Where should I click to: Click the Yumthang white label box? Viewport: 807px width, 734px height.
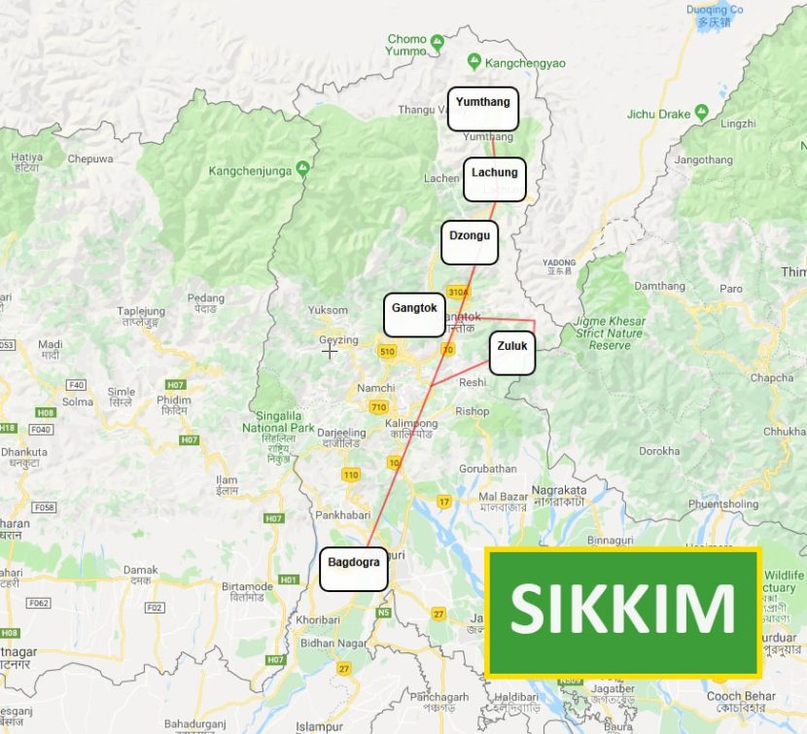coord(483,109)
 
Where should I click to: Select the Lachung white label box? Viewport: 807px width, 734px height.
coord(495,180)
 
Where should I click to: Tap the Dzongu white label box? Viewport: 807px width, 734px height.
coord(470,243)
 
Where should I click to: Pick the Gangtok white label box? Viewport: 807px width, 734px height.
coord(414,315)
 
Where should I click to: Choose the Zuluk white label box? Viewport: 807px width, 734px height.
coord(512,352)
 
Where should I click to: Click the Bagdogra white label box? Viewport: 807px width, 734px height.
coord(354,570)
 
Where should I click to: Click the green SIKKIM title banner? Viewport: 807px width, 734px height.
coord(622,612)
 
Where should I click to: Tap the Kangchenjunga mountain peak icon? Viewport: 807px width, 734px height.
coord(302,169)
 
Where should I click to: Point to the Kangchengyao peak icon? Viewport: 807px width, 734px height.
coord(474,61)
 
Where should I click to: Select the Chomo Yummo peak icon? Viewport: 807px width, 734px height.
coord(438,42)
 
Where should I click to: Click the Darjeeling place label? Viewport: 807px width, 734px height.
coord(341,434)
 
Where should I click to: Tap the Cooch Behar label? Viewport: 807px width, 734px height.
coord(740,696)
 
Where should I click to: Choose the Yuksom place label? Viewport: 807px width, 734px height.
coord(328,310)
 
